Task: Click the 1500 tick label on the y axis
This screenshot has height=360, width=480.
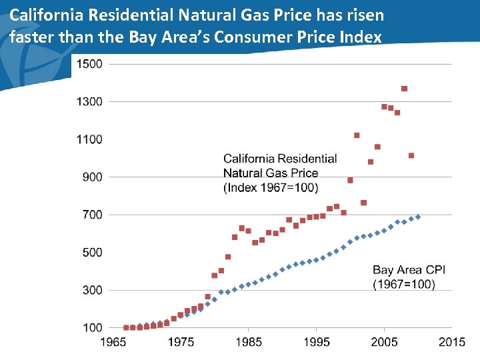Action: pyautogui.click(x=89, y=64)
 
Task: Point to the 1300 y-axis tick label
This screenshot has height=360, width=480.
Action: pyautogui.click(x=89, y=101)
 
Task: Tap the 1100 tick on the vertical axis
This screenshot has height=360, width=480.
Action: pyautogui.click(x=89, y=139)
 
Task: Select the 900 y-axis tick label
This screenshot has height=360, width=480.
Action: pyautogui.click(x=91, y=177)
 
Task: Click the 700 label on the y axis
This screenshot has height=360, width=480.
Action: pyautogui.click(x=91, y=215)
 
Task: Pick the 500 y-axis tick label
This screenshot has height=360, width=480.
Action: pyautogui.click(x=91, y=252)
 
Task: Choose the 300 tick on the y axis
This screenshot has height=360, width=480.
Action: pyautogui.click(x=91, y=290)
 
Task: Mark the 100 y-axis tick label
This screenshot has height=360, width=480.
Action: pyautogui.click(x=91, y=327)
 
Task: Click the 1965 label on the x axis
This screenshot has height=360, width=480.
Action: pyautogui.click(x=114, y=342)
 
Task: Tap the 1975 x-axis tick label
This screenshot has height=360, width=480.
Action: pyautogui.click(x=181, y=342)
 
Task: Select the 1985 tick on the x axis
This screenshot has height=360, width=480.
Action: pyautogui.click(x=249, y=342)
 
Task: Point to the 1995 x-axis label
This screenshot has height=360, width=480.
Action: pyautogui.click(x=317, y=342)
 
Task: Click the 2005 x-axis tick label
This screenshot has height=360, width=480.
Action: pyautogui.click(x=385, y=342)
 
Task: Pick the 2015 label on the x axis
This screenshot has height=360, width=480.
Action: pyautogui.click(x=452, y=342)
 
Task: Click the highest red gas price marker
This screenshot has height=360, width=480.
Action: pyautogui.click(x=405, y=89)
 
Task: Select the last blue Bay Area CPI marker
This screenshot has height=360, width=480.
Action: pyautogui.click(x=418, y=217)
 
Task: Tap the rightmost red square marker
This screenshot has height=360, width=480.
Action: pyautogui.click(x=411, y=155)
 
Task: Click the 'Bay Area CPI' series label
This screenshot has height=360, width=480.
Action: pyautogui.click(x=409, y=270)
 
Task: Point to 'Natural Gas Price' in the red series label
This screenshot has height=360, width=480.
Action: pyautogui.click(x=271, y=173)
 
